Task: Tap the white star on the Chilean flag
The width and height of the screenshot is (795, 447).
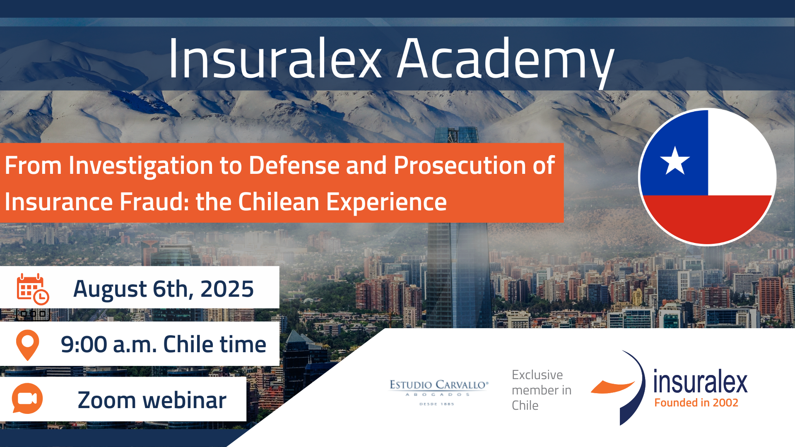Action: point(675,161)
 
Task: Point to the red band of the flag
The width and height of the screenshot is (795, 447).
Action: point(707,219)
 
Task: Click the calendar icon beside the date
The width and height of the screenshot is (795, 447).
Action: point(33,289)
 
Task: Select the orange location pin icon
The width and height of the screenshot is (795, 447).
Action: point(27,345)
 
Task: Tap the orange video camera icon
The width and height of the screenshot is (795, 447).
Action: point(27,399)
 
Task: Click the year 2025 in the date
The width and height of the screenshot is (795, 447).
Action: point(227,289)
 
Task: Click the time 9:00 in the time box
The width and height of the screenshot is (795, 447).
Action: point(84,344)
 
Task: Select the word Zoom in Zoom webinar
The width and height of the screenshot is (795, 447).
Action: point(107,400)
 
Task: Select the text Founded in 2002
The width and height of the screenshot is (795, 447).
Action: point(696,403)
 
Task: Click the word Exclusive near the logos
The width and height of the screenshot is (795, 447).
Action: point(537,375)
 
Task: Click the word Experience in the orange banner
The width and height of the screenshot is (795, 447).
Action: point(386,203)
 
